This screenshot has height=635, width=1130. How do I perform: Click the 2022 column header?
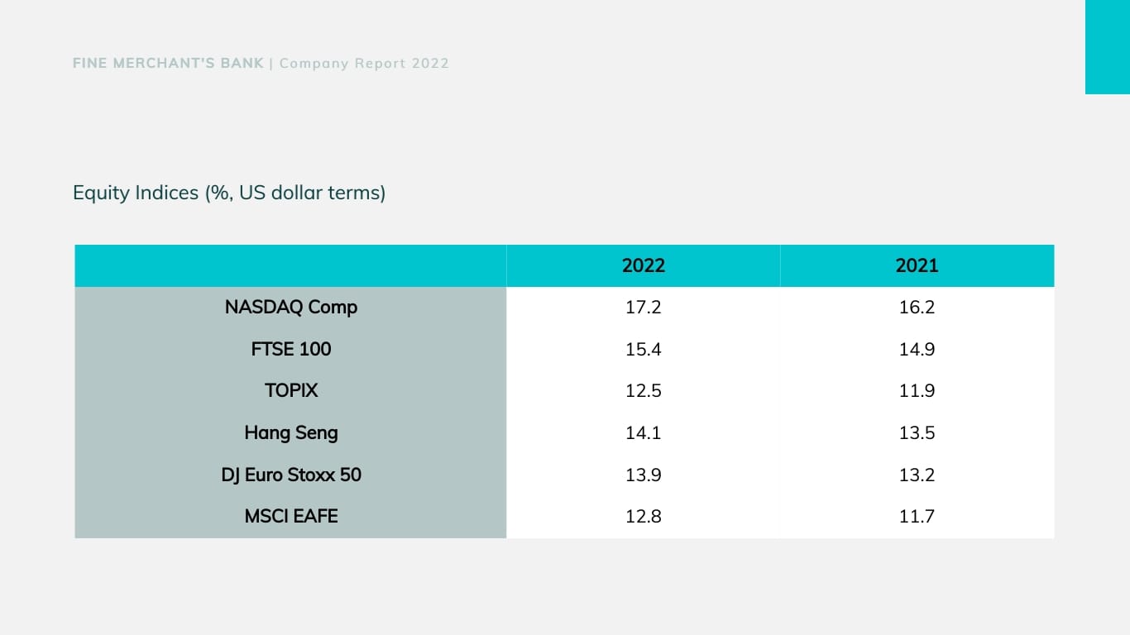click(x=643, y=265)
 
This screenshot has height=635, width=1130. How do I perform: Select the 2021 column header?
click(x=917, y=265)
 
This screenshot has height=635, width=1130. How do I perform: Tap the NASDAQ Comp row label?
click(x=291, y=308)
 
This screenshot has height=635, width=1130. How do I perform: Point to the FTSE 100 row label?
click(x=291, y=349)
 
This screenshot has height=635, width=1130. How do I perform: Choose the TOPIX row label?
click(x=291, y=391)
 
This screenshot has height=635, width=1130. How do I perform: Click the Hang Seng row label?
click(x=291, y=432)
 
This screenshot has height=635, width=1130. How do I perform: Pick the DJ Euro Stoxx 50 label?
click(x=291, y=475)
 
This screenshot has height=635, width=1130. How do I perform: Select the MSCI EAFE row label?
click(x=291, y=517)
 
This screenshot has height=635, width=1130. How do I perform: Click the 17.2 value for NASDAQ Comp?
click(x=643, y=308)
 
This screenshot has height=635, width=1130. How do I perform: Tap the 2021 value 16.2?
click(x=917, y=308)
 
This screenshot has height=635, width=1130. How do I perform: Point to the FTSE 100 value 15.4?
click(x=643, y=349)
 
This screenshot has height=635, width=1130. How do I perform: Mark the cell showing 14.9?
click(x=917, y=349)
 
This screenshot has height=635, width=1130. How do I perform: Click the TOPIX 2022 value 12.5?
click(x=643, y=391)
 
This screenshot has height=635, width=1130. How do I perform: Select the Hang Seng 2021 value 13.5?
click(x=917, y=432)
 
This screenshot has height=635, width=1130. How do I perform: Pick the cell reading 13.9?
click(x=643, y=475)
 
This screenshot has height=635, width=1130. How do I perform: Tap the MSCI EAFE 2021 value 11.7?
click(x=917, y=517)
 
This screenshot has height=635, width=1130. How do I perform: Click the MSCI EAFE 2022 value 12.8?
click(x=643, y=517)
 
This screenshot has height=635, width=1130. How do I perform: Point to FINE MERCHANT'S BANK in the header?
click(x=169, y=63)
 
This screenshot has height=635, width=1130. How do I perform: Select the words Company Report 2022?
click(x=364, y=63)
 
